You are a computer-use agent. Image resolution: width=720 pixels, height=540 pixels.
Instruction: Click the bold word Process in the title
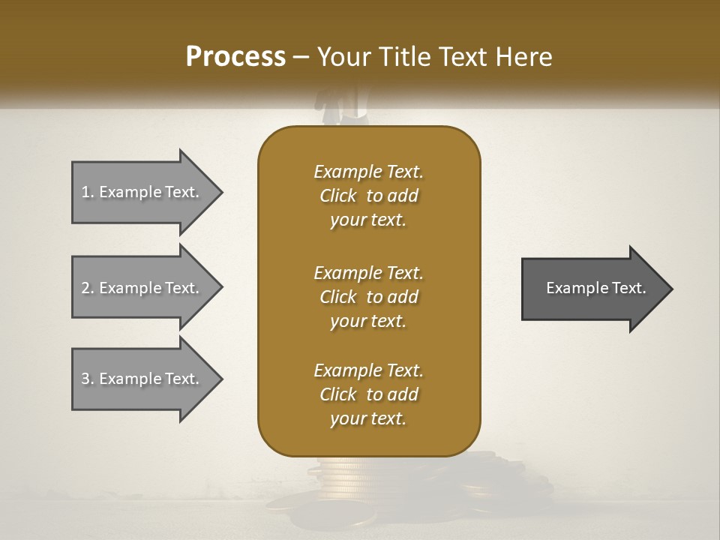235,57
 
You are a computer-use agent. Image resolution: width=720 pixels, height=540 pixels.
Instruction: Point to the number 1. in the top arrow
88,192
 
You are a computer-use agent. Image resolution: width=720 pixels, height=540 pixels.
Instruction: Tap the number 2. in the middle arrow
88,288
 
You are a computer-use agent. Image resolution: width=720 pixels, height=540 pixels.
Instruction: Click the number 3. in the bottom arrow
88,379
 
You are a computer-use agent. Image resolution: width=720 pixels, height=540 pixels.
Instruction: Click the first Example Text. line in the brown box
368,172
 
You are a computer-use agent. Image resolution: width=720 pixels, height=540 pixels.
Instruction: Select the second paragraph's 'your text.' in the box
368,321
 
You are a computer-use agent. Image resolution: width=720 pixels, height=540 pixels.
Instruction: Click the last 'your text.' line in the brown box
368,418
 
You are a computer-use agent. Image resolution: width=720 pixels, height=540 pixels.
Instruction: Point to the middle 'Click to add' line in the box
368,297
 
